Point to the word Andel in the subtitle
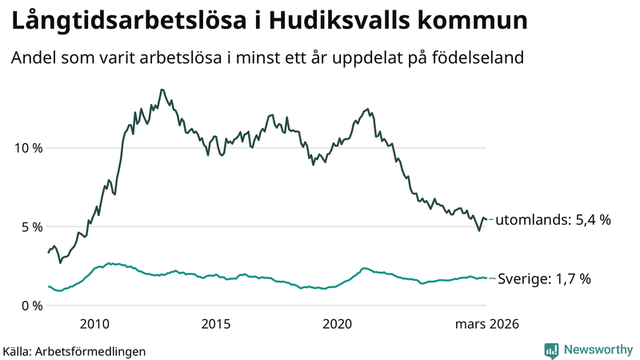click(32, 59)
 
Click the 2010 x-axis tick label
click(94, 324)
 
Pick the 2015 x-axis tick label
click(216, 324)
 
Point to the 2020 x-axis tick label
click(337, 324)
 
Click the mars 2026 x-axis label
click(486, 324)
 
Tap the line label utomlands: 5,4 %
click(553, 219)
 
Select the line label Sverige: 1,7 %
click(544, 278)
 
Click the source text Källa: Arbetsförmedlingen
click(74, 350)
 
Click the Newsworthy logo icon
click(551, 350)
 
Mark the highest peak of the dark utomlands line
click(162, 90)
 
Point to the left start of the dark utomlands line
click(50, 253)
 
